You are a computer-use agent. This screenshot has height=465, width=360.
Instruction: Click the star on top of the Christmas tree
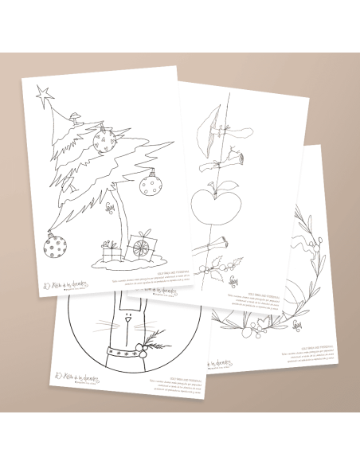(44, 94)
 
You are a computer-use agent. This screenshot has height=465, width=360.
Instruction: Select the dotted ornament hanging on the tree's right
(149, 185)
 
